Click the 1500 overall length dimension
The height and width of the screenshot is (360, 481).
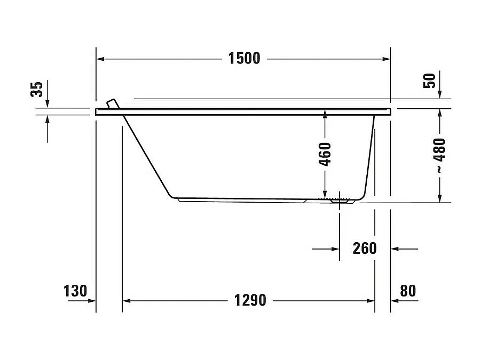coord(244,58)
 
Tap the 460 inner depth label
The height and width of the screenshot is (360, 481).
coord(325,154)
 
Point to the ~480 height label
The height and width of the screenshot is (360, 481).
coord(439,155)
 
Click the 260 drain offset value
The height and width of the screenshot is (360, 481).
coord(365,248)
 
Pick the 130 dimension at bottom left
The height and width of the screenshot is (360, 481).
coord(75,291)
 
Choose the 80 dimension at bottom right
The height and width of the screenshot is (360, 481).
coord(407,291)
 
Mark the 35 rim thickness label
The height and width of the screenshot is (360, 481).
coord(36,89)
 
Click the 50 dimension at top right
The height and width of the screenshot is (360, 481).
coord(430,80)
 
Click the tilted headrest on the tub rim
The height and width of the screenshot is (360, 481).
coord(113,103)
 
